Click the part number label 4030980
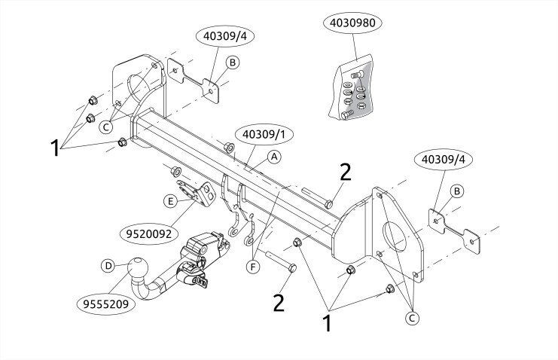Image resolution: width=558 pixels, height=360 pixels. [352, 23]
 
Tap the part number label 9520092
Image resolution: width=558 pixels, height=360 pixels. [149, 233]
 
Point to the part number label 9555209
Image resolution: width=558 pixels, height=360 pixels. [106, 304]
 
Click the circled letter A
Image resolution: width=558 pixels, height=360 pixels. [274, 157]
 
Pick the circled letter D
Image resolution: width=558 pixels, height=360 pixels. [108, 266]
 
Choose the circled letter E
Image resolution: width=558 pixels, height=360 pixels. [170, 201]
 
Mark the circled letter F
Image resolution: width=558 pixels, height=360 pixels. [253, 267]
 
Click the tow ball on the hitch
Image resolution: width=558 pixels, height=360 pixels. [137, 269]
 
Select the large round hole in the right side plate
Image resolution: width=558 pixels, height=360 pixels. [395, 236]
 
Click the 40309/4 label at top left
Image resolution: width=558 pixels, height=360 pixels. [225, 36]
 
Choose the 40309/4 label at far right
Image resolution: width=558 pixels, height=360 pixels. [444, 159]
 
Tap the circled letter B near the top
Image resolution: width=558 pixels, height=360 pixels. [233, 63]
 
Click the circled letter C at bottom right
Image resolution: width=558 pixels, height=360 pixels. [412, 318]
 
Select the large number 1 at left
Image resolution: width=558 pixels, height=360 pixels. [55, 148]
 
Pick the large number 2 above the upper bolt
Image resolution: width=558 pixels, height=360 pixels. [345, 172]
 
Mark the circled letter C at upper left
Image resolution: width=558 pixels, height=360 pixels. [105, 127]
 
